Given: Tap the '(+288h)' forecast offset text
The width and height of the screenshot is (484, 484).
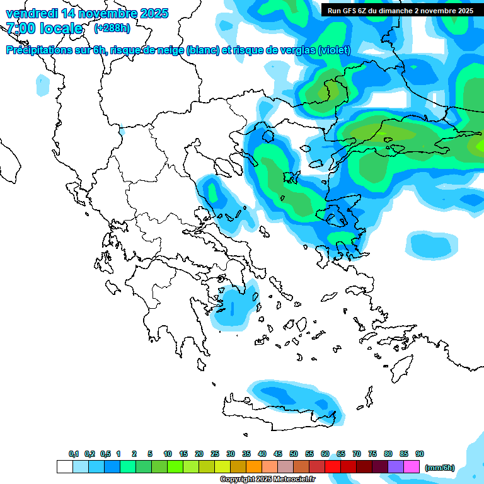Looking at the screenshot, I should tap(112, 28).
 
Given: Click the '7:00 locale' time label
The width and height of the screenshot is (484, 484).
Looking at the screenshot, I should tap(44, 28).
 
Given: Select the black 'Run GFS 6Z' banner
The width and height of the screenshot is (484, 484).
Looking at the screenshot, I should tap(401, 10).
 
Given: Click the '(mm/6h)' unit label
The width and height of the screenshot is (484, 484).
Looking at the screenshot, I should tap(439, 468).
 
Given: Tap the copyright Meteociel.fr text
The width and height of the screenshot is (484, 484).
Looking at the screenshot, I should tap(267, 479).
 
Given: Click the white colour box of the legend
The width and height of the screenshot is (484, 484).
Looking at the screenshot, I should tap(64, 467).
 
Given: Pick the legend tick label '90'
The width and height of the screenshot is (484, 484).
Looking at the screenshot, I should tap(420, 454).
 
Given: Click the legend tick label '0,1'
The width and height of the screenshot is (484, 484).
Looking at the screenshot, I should tap(74, 454).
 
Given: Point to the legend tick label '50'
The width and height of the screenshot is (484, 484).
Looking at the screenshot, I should tap(294, 454).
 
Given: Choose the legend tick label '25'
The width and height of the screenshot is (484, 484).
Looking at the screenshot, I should tap(215, 454).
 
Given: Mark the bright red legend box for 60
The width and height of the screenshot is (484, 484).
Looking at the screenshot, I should tap(333, 467).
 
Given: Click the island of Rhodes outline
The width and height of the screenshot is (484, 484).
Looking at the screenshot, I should tap(401, 366).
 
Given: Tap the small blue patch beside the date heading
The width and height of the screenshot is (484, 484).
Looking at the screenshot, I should tap(42, 84).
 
